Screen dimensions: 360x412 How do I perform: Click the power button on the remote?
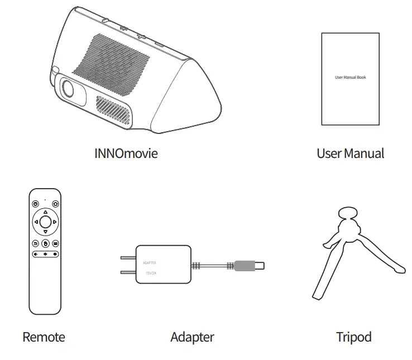tap(35, 204)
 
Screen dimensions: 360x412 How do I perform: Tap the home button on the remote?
tap(55, 204)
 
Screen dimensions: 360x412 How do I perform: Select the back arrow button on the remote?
tap(35, 243)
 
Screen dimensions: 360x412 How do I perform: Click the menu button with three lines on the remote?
tap(55, 243)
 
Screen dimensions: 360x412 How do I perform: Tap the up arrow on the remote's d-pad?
tap(45, 212)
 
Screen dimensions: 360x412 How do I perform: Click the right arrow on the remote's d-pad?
tap(55, 222)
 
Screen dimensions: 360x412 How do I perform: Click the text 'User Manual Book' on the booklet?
tap(350, 77)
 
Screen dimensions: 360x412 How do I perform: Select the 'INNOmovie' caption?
tap(126, 153)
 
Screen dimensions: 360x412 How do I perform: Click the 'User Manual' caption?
tap(350, 153)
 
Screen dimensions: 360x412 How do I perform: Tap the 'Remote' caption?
tap(44, 337)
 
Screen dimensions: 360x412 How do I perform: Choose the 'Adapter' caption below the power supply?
tap(192, 337)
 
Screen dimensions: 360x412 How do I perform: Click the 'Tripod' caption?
tap(353, 337)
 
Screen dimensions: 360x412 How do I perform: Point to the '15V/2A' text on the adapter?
tap(152, 273)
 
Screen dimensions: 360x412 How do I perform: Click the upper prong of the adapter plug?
tap(128, 258)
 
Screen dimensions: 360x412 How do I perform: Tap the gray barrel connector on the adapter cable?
tap(246, 265)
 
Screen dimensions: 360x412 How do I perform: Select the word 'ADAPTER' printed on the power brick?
tap(150, 262)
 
